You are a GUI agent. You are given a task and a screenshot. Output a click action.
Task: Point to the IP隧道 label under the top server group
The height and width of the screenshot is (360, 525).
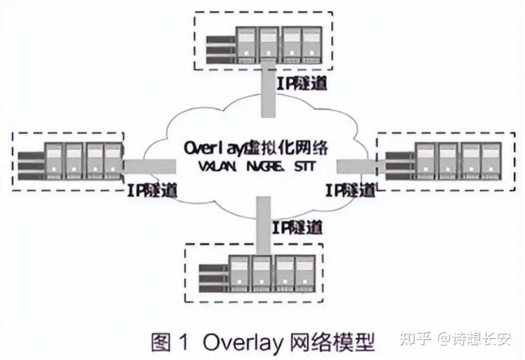[x=301, y=83]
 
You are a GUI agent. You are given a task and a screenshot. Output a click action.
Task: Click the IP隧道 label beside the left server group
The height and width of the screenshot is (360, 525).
[x=152, y=189]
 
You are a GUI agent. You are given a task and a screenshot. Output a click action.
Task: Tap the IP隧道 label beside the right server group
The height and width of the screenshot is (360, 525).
[x=350, y=190]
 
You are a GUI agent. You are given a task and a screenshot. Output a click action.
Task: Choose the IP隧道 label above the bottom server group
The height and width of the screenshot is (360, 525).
[x=297, y=226]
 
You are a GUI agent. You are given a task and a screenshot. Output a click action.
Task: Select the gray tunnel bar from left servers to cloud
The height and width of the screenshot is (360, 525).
[x=148, y=166]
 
